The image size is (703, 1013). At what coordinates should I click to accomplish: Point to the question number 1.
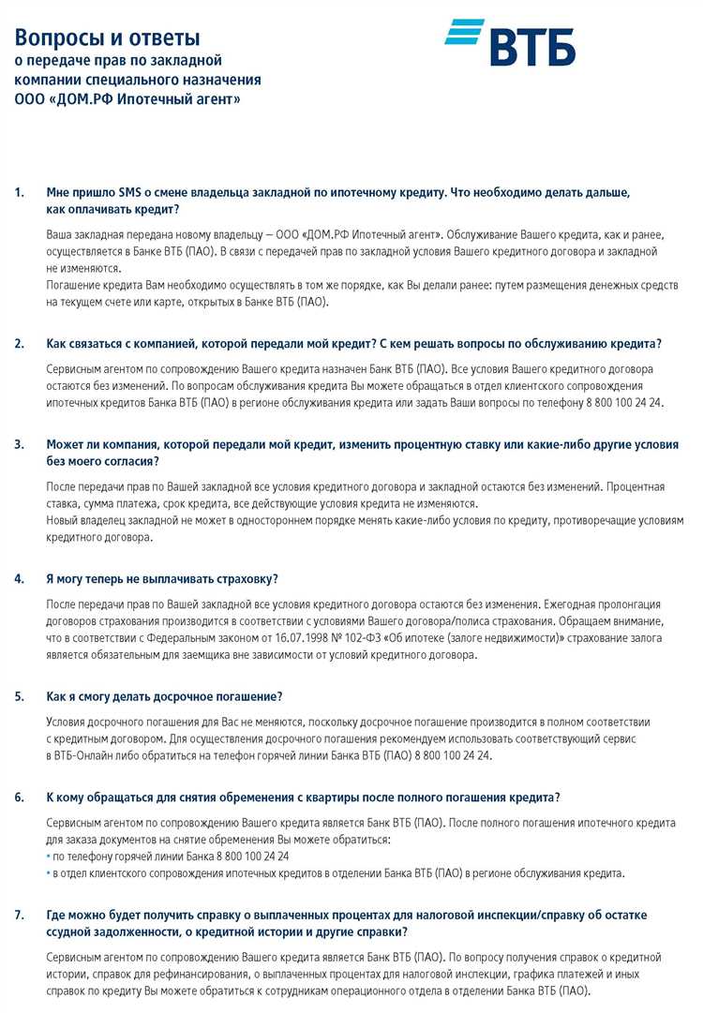(x=20, y=192)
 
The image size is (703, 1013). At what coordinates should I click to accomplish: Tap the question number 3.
(x=20, y=443)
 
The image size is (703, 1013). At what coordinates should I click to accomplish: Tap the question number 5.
(x=20, y=696)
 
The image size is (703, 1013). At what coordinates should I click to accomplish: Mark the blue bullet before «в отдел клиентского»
(x=48, y=873)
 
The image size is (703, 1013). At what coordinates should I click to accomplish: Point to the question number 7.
(x=20, y=915)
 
